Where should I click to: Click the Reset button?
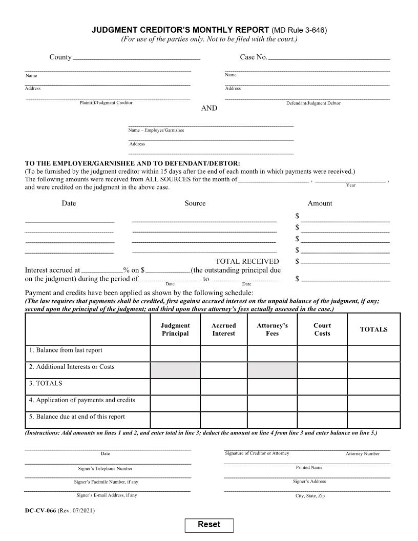(x=209, y=525)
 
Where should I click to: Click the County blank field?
(x=136, y=57)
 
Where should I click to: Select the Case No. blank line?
(x=329, y=57)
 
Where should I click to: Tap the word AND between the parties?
(x=209, y=108)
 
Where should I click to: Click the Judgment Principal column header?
(x=175, y=329)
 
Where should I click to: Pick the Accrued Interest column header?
(x=224, y=329)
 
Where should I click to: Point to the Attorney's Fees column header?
(x=272, y=329)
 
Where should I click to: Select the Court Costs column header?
(x=322, y=329)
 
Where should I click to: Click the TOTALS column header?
(x=373, y=329)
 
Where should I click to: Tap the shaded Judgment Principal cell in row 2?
(x=175, y=370)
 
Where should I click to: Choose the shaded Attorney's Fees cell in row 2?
(x=272, y=370)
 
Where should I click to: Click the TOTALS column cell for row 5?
(x=373, y=420)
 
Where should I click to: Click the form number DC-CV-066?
(x=40, y=511)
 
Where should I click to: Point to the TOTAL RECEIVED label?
(x=247, y=261)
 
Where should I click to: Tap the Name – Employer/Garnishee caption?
(x=156, y=130)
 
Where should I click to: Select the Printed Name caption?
(x=309, y=467)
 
